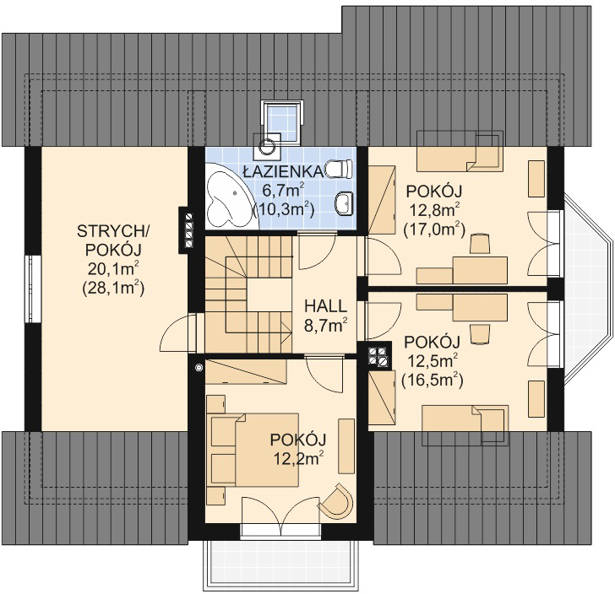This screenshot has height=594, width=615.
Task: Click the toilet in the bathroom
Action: click(x=340, y=169)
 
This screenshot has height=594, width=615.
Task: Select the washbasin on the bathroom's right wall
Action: click(x=344, y=203)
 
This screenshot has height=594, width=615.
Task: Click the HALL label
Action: click(x=325, y=305)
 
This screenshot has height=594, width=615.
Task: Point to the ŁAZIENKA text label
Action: click(x=283, y=171)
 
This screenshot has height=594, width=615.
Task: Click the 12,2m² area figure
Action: click(x=298, y=458)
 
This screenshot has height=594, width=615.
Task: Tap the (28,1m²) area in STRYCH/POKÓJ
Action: click(x=113, y=289)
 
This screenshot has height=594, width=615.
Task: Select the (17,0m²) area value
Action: click(x=434, y=229)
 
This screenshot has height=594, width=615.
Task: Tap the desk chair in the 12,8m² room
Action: click(x=480, y=244)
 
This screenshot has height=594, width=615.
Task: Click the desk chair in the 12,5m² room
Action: click(x=480, y=334)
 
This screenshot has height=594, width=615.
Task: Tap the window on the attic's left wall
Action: click(x=33, y=289)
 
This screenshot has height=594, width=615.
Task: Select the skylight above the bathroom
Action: click(x=282, y=121)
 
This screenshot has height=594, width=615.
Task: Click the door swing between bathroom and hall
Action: click(x=317, y=251)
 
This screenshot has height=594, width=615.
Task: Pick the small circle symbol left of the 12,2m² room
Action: click(x=199, y=367)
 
